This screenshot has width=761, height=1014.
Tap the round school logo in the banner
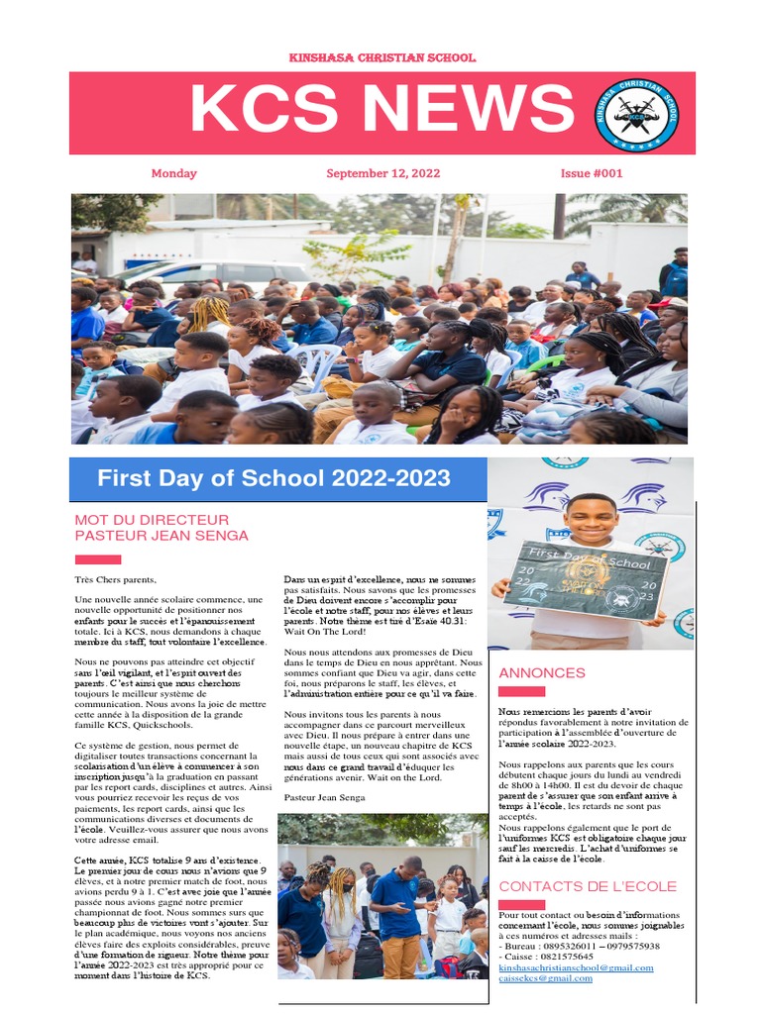pyautogui.click(x=636, y=114)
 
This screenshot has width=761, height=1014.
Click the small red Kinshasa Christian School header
pyautogui.click(x=381, y=58)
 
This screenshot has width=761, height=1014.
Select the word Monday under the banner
pyautogui.click(x=173, y=173)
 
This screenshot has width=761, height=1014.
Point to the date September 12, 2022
pyautogui.click(x=382, y=173)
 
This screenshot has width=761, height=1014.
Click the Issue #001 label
pyautogui.click(x=592, y=173)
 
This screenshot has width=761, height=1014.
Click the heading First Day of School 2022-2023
pyautogui.click(x=273, y=479)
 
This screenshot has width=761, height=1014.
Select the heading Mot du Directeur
pyautogui.click(x=152, y=520)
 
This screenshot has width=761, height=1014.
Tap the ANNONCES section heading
pyautogui.click(x=542, y=672)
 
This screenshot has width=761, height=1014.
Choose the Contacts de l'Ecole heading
pyautogui.click(x=588, y=886)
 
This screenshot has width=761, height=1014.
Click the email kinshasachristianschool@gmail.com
pyautogui.click(x=576, y=967)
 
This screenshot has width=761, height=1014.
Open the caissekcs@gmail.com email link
pyautogui.click(x=545, y=978)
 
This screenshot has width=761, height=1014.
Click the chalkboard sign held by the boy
pyautogui.click(x=585, y=579)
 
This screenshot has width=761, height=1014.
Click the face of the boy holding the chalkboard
pyautogui.click(x=592, y=518)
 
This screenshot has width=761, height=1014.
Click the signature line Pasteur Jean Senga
pyautogui.click(x=324, y=796)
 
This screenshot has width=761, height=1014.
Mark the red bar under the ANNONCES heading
pyautogui.click(x=521, y=691)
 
